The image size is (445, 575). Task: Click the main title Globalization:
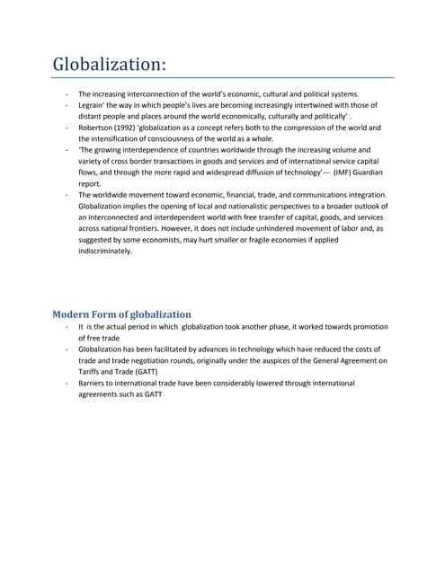109,64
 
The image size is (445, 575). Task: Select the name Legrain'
93,105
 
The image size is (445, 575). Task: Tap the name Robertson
98,128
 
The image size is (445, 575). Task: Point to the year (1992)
130,128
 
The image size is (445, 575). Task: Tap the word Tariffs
92,371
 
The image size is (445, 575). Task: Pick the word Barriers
93,383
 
